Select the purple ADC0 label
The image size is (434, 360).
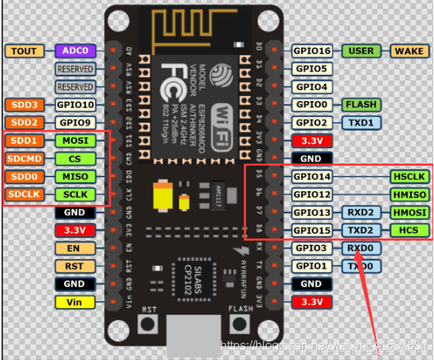[x=75, y=51]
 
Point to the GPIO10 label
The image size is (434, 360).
[x=75, y=104]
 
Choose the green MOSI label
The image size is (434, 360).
[x=75, y=141]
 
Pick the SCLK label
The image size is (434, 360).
[x=75, y=194]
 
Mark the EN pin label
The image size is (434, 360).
[x=75, y=248]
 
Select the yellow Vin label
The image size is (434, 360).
[x=75, y=302]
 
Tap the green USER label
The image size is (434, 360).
[x=361, y=51]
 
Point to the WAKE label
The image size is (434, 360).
[x=409, y=51]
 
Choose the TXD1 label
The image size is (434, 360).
[x=361, y=122]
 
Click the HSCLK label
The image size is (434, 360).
[x=409, y=177]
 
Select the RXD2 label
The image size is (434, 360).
[x=361, y=212]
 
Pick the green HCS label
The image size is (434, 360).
[x=409, y=230]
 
